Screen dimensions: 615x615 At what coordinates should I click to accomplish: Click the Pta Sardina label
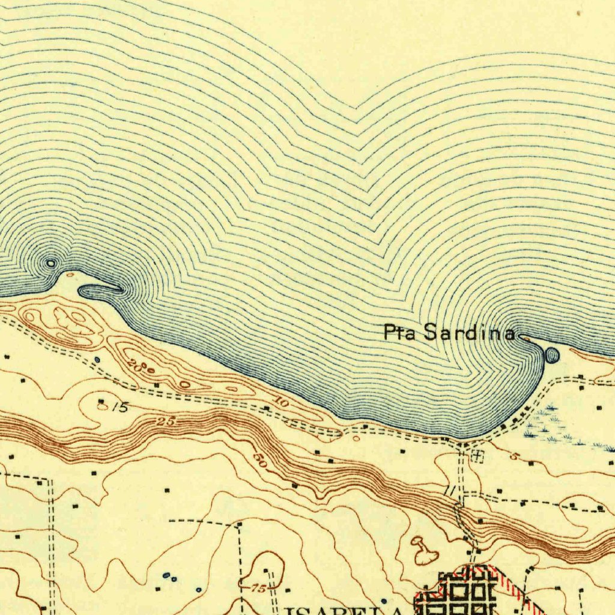pos(449,332)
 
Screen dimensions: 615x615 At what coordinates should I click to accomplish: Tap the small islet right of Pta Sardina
pos(551,356)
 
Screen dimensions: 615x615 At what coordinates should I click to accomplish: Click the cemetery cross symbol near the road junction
pos(477,456)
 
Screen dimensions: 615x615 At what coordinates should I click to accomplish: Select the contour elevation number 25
pos(168,422)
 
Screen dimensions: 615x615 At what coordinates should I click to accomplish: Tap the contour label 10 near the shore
pos(282,405)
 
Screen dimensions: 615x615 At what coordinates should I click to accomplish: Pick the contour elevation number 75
pos(258,589)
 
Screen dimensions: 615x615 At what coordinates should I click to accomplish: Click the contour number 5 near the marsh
pos(514,456)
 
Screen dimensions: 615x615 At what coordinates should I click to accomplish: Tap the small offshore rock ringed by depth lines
pos(51,263)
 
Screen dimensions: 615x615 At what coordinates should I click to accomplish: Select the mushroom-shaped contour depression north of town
pos(424,551)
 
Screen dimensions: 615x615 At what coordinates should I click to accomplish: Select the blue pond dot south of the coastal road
pos(97,360)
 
